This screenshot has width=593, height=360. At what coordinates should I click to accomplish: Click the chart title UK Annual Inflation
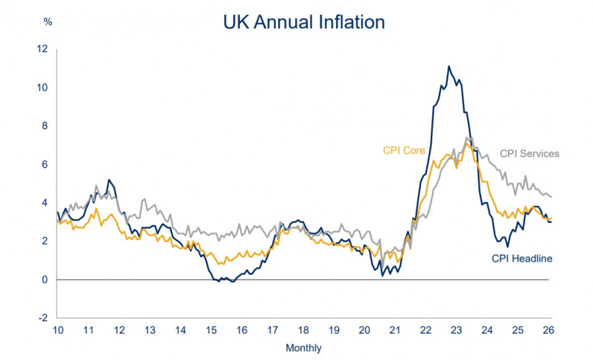pos(304,22)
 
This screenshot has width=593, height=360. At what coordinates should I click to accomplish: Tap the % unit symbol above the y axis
pos(47,22)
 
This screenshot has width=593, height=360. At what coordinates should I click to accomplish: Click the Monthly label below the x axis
pos(304,347)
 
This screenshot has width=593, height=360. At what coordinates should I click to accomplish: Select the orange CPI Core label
pos(404,150)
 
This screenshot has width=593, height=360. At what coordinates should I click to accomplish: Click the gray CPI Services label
pos(529,154)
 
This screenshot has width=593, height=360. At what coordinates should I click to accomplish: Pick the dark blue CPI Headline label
pos(522,258)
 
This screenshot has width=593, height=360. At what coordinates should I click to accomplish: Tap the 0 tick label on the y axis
pos(45,280)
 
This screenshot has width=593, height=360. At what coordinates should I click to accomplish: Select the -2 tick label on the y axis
pos(43,318)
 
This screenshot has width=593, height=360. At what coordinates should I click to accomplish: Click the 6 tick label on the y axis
pos(45,164)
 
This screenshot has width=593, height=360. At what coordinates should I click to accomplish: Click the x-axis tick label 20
pos(364,330)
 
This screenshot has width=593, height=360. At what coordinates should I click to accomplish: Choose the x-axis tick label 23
pos(456,330)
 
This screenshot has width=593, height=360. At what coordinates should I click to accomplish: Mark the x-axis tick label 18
pos(303,330)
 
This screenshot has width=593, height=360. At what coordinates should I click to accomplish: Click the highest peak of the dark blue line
pos(449,67)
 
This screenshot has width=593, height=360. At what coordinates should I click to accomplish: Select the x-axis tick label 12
pos(119,330)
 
